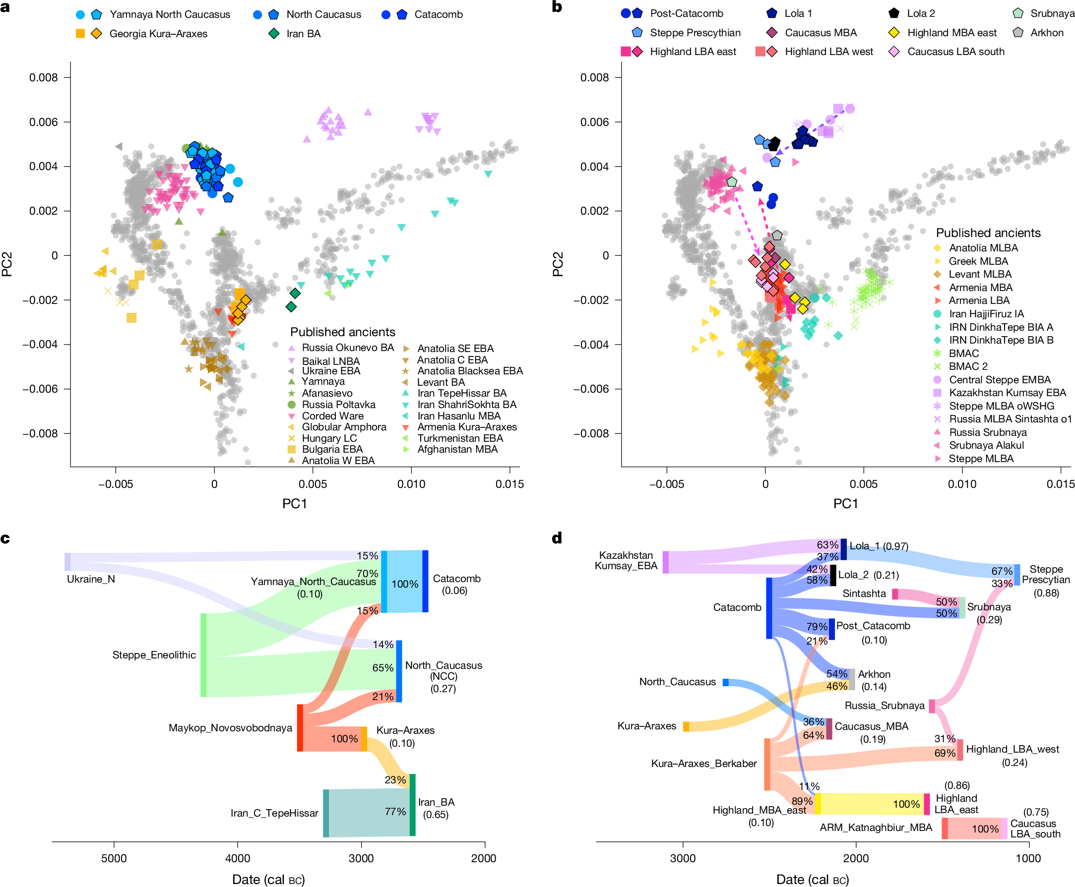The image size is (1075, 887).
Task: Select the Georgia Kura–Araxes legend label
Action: click(158, 34)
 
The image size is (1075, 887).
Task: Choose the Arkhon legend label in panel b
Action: click(1047, 33)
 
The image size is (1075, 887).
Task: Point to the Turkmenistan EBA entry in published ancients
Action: click(460, 438)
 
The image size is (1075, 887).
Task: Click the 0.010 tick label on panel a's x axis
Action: click(411, 484)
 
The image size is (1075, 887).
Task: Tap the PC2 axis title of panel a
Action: click(7, 264)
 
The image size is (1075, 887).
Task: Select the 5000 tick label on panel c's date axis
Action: click(114, 858)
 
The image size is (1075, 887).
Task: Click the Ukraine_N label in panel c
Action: click(91, 579)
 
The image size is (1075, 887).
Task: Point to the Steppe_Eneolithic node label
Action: click(154, 655)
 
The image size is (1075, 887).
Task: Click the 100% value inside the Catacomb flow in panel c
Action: click(405, 584)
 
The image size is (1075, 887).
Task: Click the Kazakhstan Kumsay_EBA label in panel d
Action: click(626, 560)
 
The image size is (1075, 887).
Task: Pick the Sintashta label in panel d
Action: click(864, 593)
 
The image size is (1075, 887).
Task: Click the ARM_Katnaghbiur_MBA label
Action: click(876, 827)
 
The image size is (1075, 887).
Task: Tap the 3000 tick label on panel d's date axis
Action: click(683, 858)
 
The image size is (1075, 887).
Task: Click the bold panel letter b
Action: click(557, 6)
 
